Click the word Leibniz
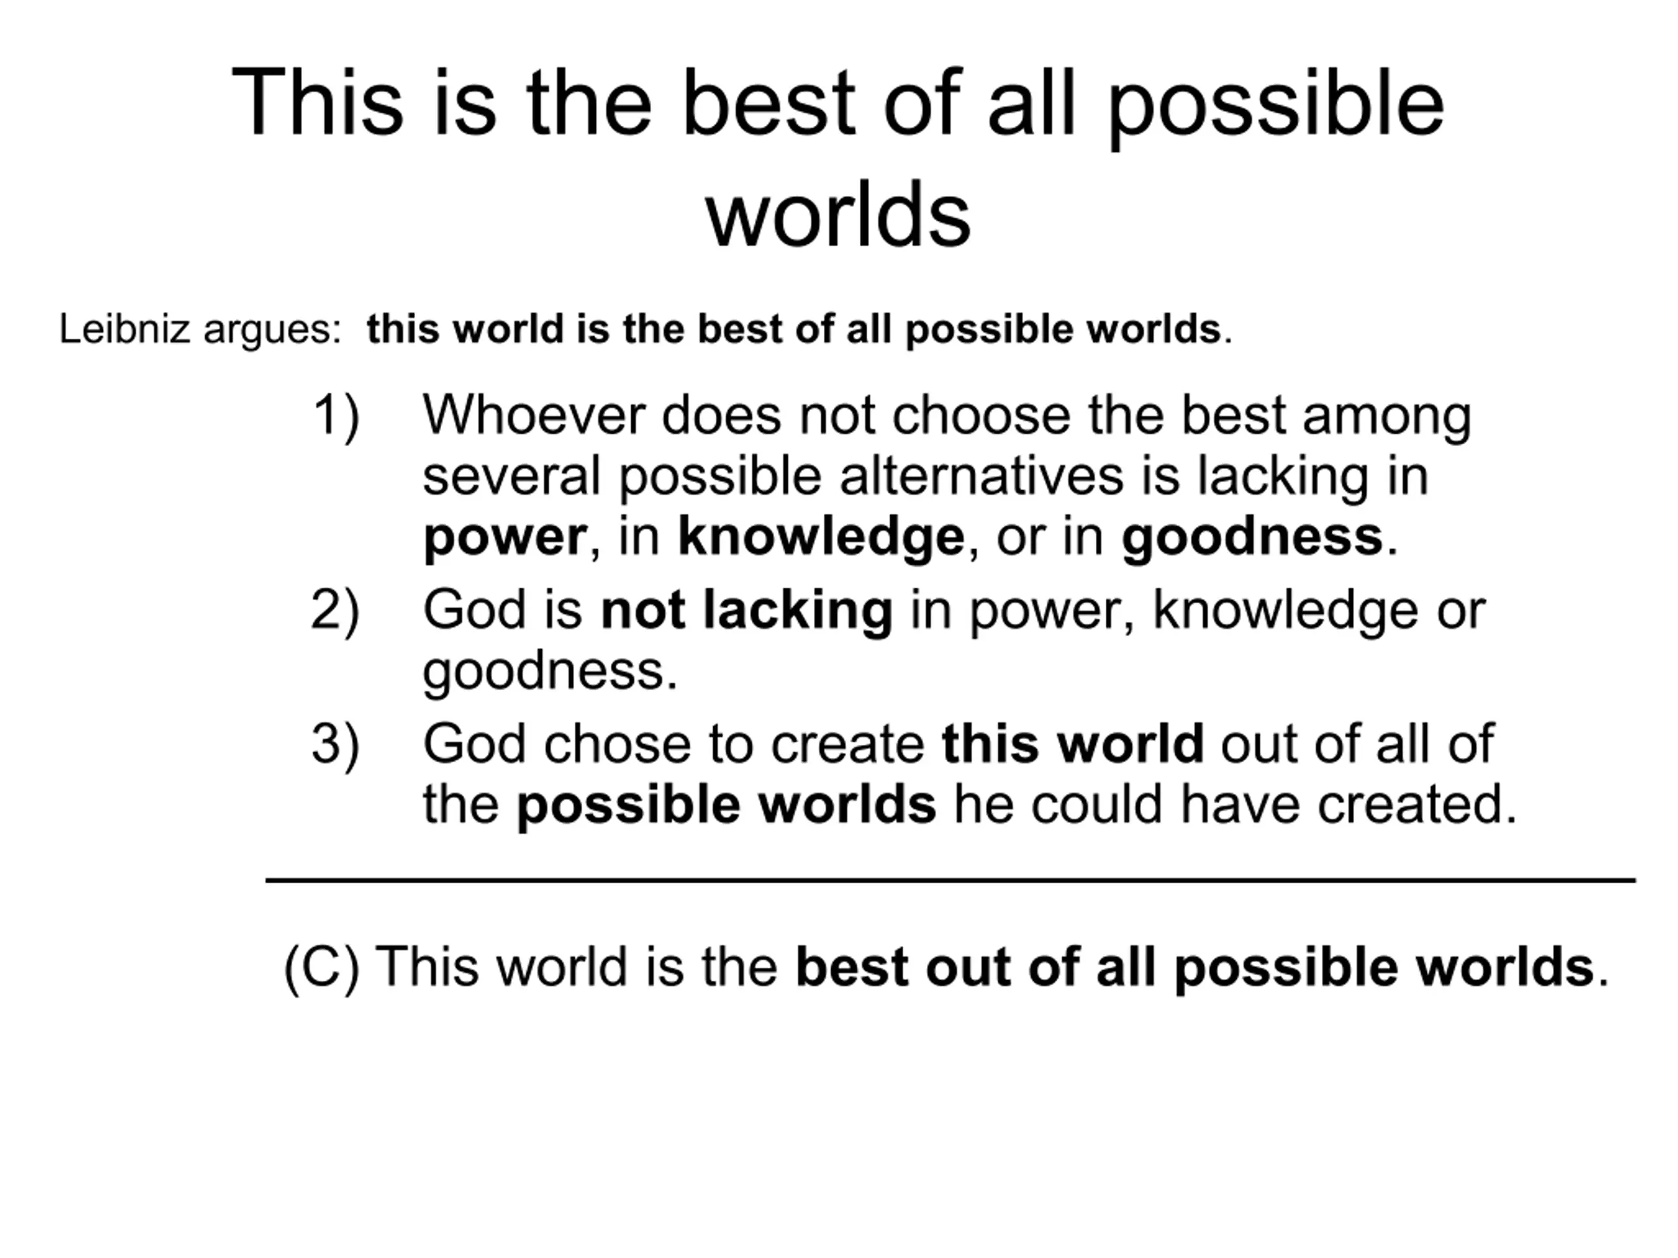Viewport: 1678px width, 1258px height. (x=125, y=329)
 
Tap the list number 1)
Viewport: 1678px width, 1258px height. (x=336, y=417)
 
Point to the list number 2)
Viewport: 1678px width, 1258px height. (x=336, y=611)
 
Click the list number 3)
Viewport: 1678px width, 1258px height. (x=336, y=744)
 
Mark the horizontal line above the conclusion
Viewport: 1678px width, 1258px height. (x=950, y=881)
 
